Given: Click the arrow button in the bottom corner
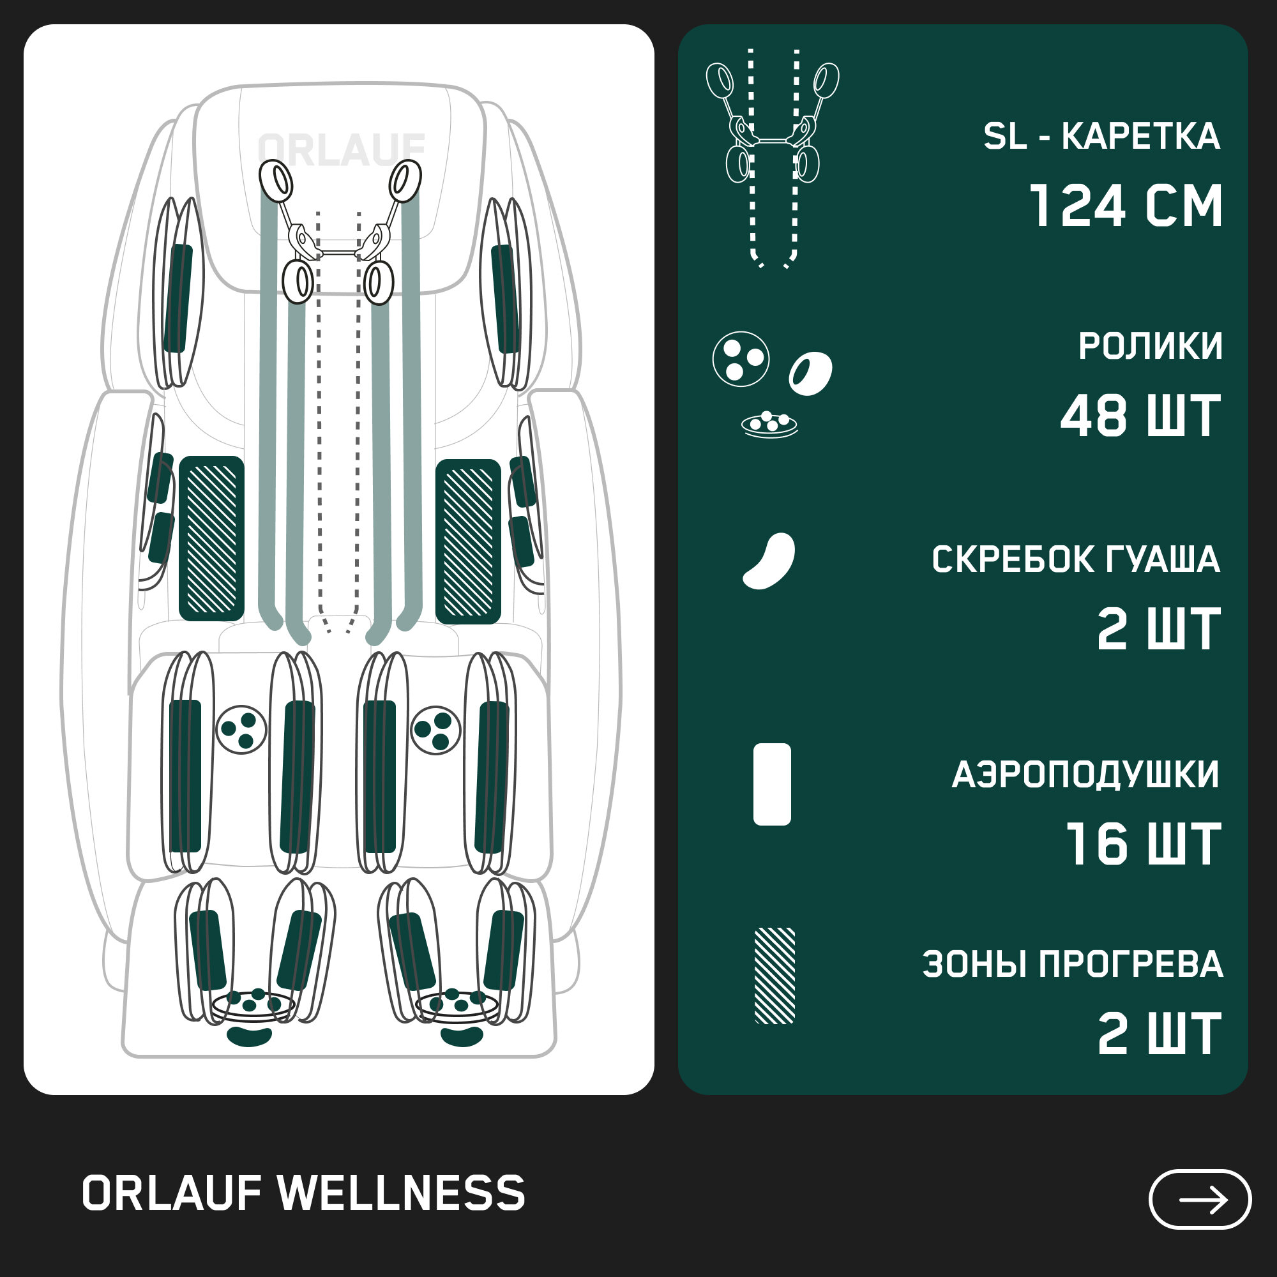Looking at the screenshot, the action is [x=1200, y=1200].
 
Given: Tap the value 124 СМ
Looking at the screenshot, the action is [x=1126, y=206].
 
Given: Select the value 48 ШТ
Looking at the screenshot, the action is [x=1141, y=416].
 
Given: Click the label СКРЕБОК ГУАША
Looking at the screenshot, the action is [x=1075, y=560].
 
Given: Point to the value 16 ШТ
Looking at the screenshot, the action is [x=1144, y=844].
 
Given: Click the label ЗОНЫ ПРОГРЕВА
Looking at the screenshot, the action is [x=1072, y=964].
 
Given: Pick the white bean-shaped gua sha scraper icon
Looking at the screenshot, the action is [x=769, y=560].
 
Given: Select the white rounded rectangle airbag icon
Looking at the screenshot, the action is [x=772, y=784].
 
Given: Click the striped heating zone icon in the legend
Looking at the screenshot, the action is [x=775, y=976].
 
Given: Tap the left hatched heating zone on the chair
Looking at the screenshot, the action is [x=211, y=539].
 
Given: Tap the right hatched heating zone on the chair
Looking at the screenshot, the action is [x=468, y=541].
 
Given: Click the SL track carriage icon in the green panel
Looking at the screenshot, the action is [x=772, y=156].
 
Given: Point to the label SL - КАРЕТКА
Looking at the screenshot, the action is [x=1101, y=137].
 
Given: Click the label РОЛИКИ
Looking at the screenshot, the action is [x=1150, y=345].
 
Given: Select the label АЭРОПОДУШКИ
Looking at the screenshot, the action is [x=1085, y=775].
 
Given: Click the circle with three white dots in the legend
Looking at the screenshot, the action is [x=741, y=359].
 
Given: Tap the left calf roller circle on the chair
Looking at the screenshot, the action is [x=241, y=730].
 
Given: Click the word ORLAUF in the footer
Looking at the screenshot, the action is [x=172, y=1194].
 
